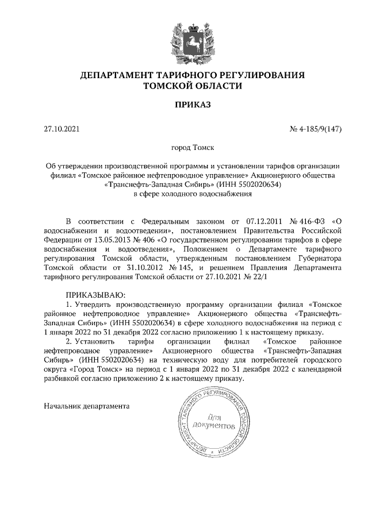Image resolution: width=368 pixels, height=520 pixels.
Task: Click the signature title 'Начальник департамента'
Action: pos(87,406)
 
